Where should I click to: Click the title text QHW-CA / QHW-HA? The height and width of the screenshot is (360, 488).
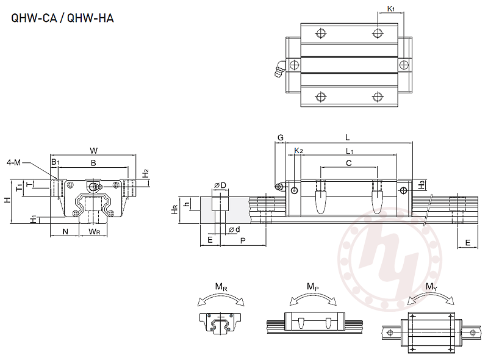coord(62,18)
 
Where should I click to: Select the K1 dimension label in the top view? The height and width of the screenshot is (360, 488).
coord(391,9)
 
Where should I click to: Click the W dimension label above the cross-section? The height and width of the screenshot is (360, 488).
coord(93,149)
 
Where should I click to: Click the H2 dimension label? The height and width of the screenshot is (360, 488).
coord(145,173)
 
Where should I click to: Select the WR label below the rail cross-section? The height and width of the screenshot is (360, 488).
coord(94,232)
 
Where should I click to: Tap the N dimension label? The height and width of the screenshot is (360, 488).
coord(65,232)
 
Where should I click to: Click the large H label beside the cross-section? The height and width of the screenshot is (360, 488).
coord(6,200)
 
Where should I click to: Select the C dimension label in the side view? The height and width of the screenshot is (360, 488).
coord(348,163)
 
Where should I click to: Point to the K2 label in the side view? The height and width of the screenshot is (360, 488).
coord(298,151)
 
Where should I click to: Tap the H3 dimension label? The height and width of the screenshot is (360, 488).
coord(422,183)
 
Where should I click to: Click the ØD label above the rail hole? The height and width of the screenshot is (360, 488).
coord(220,185)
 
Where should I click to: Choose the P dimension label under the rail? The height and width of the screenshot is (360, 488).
coord(243,241)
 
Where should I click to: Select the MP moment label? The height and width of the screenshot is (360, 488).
coord(312,286)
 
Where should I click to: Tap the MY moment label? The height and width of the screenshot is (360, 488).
coord(431,286)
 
